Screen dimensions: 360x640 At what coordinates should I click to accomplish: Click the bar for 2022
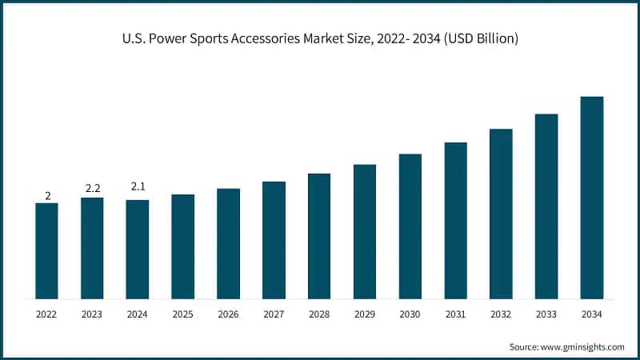(46, 250)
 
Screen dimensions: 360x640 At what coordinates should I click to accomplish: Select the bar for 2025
(182, 246)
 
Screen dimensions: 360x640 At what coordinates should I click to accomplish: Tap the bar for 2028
(319, 236)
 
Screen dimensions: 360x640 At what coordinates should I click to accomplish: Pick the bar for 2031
(455, 221)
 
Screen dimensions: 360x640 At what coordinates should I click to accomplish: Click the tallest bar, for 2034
(592, 198)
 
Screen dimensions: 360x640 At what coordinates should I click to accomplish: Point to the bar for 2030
(410, 226)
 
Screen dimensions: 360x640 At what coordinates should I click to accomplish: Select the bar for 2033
(546, 206)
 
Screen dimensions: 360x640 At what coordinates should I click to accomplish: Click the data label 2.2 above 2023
(92, 188)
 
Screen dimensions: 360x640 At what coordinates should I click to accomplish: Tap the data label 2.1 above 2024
(138, 187)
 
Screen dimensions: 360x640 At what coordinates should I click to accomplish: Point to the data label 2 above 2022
(47, 195)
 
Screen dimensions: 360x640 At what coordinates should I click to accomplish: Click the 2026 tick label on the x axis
(228, 315)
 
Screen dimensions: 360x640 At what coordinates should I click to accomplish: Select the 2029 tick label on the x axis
(365, 315)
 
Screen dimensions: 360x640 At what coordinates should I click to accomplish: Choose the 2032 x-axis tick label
(501, 315)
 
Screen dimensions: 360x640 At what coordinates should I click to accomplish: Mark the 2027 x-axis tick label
(274, 315)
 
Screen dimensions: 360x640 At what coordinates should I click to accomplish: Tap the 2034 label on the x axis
(592, 315)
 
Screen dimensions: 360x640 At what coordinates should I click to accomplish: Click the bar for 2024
(138, 249)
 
